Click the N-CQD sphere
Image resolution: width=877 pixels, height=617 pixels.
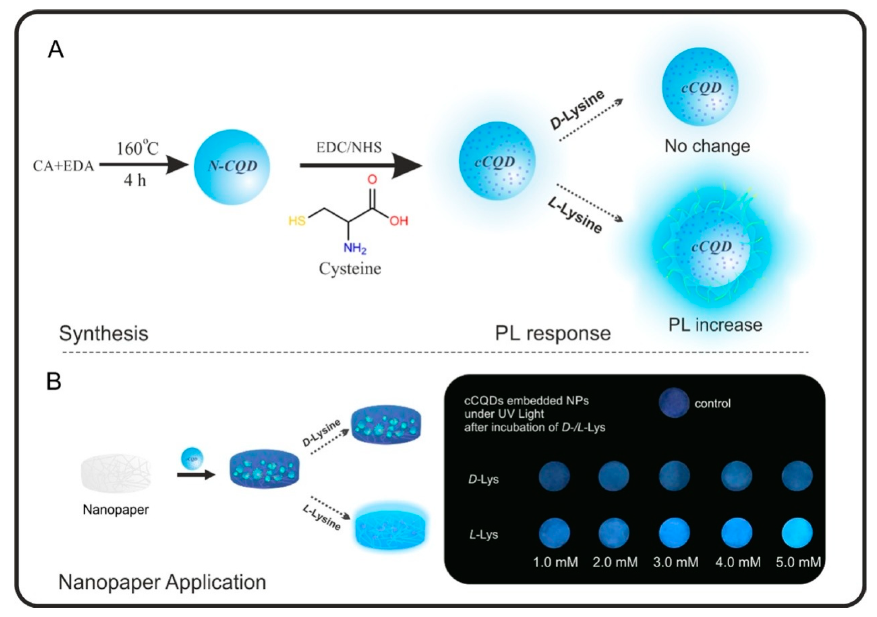pos(232,167)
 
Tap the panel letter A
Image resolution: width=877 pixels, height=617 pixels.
pos(56,49)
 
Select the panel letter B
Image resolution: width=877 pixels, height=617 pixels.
pos(54,381)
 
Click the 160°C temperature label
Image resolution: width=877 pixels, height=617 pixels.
pos(137,148)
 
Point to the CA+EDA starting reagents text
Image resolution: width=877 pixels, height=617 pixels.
pos(63,166)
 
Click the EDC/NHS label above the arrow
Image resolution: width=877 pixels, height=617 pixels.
pos(349,147)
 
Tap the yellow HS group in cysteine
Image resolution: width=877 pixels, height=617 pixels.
pos(297,221)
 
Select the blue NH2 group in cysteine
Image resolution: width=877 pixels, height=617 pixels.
pos(355,248)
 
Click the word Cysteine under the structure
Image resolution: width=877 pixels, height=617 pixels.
pos(350,268)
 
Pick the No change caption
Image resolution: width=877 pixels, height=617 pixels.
pos(707,146)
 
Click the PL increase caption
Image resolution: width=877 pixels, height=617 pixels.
pos(715,325)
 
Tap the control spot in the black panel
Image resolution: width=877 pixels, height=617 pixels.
pos(674,403)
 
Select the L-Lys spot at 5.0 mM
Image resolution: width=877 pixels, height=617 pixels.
pos(797,533)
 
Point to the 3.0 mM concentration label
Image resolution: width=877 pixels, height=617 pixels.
pos(675,562)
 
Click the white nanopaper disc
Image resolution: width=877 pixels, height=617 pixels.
pos(116,474)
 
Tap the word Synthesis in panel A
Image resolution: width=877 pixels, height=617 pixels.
pos(104,333)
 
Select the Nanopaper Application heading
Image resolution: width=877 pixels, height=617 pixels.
pos(162,582)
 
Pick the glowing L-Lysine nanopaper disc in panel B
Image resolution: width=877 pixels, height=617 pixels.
pos(390,528)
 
